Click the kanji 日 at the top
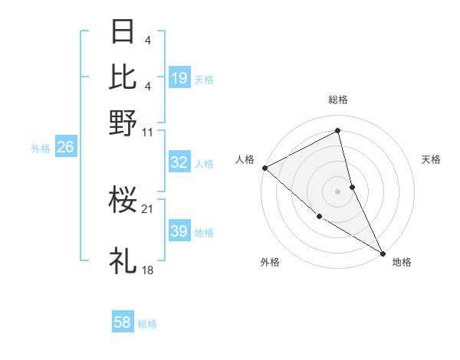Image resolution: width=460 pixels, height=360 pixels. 123,32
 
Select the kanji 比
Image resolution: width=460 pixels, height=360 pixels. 123,77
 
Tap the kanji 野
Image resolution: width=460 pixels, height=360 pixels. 123,123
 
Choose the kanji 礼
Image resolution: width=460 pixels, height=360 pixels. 123,260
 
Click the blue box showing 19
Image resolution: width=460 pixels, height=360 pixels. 179,77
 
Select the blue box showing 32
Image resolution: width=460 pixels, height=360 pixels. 179,162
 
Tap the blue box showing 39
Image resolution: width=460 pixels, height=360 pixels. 179,231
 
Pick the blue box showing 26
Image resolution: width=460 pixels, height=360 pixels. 65,147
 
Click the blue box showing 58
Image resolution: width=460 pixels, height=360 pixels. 123,322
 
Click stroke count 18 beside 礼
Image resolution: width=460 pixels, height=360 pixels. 148,270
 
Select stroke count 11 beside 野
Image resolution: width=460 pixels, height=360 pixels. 148,132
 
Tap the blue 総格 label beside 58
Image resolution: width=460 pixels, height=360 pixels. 147,324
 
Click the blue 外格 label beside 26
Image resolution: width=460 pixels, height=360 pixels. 41,149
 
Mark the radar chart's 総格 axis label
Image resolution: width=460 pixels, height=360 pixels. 338,100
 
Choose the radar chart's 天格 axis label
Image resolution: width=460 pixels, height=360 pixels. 431,159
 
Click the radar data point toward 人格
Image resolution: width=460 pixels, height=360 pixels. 264,168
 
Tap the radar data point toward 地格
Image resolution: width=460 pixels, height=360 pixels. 382,252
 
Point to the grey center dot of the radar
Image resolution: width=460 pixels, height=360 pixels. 338,191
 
